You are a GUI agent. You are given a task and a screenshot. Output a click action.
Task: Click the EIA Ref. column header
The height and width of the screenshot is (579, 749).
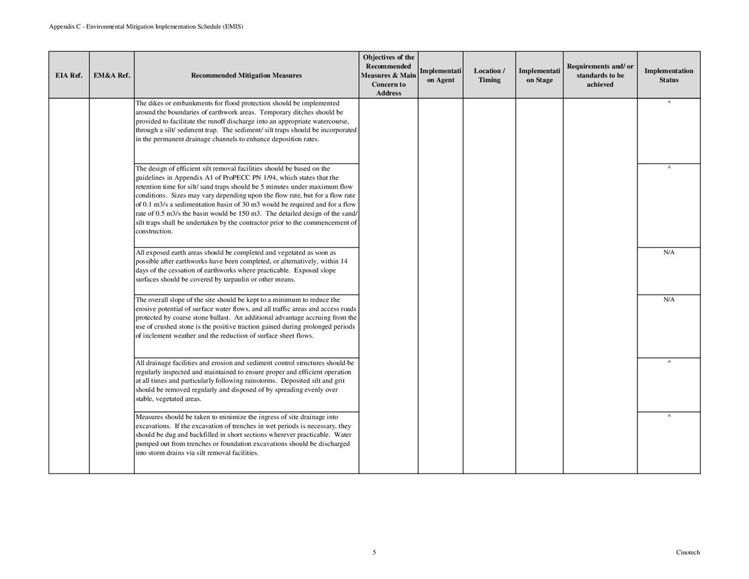coord(69,75)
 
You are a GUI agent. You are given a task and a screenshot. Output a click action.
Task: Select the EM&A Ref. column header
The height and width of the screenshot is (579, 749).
coord(112,75)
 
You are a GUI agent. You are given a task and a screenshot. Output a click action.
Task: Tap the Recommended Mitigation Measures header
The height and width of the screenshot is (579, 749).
coord(246,75)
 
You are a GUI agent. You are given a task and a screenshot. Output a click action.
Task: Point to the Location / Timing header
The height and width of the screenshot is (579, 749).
coord(489,75)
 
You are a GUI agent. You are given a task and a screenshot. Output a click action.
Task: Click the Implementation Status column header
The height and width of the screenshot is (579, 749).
coord(669,75)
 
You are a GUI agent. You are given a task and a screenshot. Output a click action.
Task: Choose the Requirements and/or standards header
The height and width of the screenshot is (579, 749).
coord(600,75)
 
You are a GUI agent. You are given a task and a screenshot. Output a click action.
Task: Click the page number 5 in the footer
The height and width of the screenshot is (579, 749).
coord(374,552)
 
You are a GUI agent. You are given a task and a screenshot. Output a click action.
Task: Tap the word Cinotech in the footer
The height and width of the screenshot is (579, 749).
coord(687,552)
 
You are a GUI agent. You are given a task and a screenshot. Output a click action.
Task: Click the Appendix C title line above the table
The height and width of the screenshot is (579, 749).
coord(146,26)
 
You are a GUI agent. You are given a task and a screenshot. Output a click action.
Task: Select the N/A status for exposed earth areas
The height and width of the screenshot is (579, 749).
coord(669,253)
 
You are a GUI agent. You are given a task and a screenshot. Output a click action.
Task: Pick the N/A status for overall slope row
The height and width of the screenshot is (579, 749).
coord(669,300)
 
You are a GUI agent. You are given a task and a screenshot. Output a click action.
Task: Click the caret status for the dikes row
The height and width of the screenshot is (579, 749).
coord(669,103)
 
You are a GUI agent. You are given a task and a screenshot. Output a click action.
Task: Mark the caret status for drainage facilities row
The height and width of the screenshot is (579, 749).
coord(669,362)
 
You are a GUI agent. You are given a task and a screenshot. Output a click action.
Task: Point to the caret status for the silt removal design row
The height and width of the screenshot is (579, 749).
coord(669,168)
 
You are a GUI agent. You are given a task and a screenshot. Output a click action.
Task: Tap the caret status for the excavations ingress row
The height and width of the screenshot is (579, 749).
coord(669,417)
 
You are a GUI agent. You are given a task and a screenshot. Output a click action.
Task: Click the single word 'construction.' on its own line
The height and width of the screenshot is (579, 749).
coord(154,231)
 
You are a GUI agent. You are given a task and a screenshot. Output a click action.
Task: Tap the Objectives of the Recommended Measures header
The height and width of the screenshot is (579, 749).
coord(388,75)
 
